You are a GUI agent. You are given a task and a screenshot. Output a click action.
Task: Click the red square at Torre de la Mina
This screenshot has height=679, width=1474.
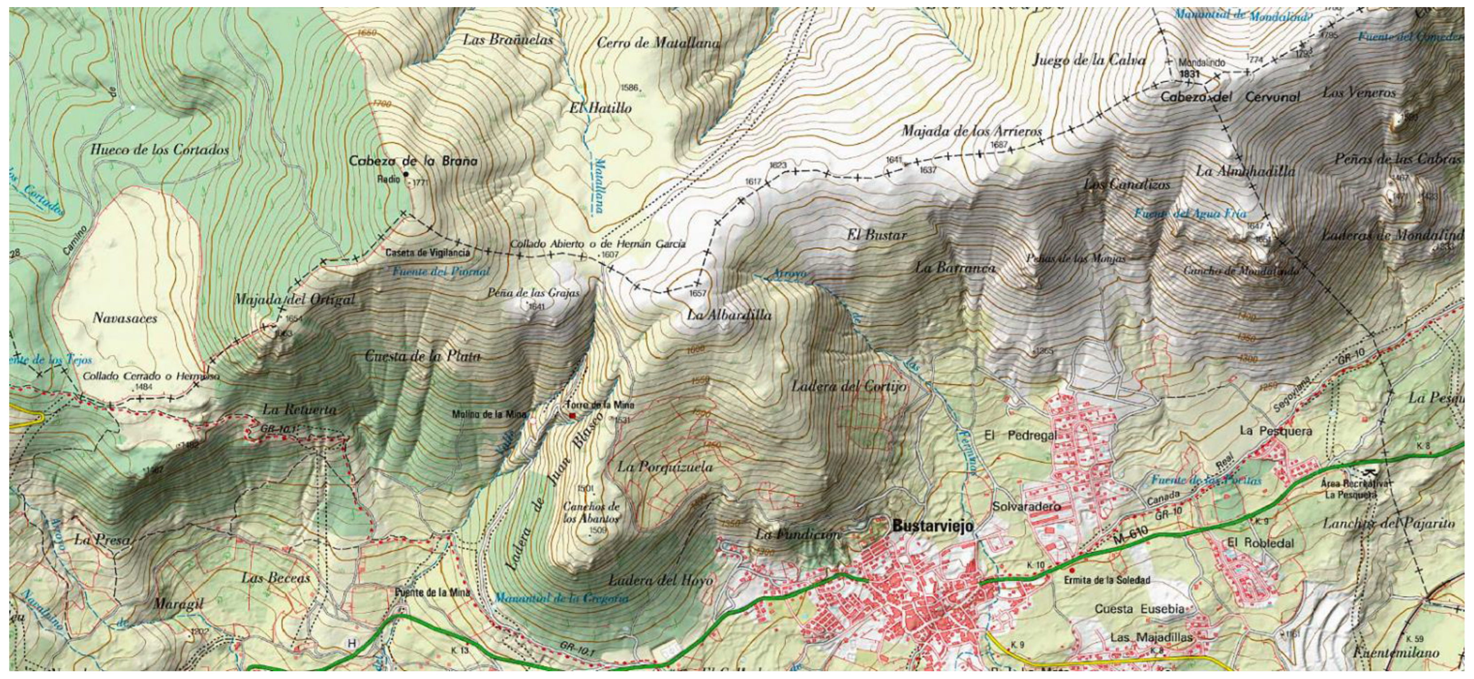(571, 415)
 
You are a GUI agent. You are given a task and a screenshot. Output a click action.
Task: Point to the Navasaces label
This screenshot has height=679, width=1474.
(125, 318)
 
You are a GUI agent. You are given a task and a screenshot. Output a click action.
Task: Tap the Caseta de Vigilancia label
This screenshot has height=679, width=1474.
(427, 253)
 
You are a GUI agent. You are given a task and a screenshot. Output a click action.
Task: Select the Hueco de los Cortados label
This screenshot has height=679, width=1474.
(160, 150)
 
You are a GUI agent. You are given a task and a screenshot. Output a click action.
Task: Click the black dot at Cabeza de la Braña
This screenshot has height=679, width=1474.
(406, 174)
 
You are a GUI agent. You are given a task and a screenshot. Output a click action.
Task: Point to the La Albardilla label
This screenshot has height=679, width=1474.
(729, 316)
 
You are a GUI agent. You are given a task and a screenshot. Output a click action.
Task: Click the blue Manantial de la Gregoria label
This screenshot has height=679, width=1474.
(561, 599)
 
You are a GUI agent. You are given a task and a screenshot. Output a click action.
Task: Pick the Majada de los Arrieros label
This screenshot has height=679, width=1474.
(972, 131)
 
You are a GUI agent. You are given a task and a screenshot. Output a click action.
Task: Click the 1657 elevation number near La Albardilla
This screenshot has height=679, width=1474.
(698, 293)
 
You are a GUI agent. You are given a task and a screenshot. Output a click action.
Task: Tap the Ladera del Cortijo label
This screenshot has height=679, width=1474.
(849, 387)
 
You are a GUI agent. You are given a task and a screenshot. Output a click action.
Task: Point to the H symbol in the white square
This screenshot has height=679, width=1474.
(352, 643)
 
